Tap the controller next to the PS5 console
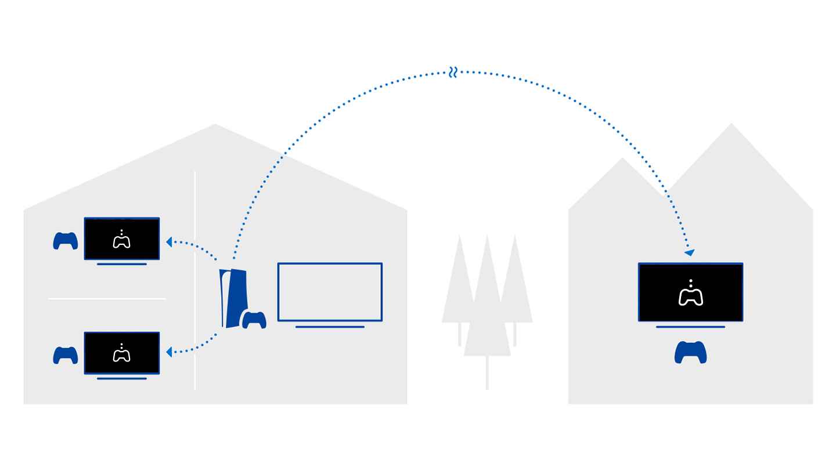click(254, 320)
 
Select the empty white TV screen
click(330, 292)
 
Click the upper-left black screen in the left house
click(122, 238)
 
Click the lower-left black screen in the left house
click(122, 353)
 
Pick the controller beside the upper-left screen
click(66, 241)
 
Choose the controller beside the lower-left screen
click(66, 355)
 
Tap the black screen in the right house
click(690, 292)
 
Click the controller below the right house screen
click(690, 352)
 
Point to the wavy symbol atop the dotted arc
click(453, 73)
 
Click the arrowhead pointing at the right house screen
click(689, 252)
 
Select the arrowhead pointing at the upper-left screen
click(169, 242)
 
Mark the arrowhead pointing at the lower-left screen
click(169, 352)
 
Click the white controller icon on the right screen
click(690, 294)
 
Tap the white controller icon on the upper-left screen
click(121, 240)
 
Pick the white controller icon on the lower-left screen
click(121, 354)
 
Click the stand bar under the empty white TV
click(330, 327)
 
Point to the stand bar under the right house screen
click(690, 327)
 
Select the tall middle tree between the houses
click(487, 302)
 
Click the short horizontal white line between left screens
click(107, 299)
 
